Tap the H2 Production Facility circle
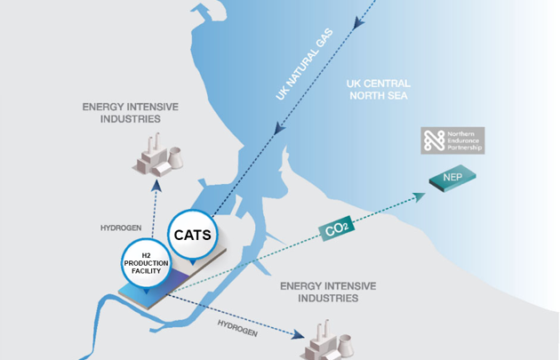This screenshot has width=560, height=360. pyautogui.click(x=145, y=264)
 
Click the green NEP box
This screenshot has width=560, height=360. pyautogui.click(x=452, y=180)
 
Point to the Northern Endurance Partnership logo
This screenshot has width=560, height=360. pyautogui.click(x=452, y=140)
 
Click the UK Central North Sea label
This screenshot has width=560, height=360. pyautogui.click(x=378, y=90)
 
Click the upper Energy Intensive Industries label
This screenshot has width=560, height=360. pyautogui.click(x=131, y=112)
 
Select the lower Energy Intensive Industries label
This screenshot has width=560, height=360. pyautogui.click(x=328, y=292)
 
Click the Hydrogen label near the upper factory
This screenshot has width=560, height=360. pyautogui.click(x=121, y=228)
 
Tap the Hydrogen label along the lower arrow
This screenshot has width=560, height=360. pyautogui.click(x=237, y=328)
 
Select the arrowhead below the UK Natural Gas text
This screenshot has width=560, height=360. pyautogui.click(x=279, y=130)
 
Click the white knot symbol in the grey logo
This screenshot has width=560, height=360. pyautogui.click(x=434, y=140)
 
